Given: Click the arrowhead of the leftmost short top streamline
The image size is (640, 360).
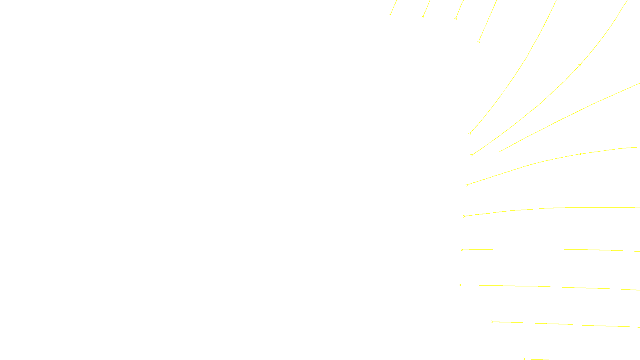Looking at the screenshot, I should [390, 15].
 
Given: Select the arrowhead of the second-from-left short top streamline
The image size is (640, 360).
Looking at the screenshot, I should [423, 16].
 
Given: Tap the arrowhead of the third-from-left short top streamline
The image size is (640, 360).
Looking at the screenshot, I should [456, 18].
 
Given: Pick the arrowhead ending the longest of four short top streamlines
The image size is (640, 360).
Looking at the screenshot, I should [478, 41].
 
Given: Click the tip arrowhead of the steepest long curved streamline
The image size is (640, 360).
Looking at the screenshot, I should [470, 133].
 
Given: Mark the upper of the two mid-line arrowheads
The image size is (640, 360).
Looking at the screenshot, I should [580, 65].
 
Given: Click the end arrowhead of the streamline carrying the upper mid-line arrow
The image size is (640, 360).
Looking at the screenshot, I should [472, 155].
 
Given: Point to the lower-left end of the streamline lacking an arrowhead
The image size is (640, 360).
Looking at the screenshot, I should [500, 152].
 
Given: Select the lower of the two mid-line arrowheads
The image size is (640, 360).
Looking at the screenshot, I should [580, 154].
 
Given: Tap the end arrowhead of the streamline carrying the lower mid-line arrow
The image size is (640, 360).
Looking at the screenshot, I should [467, 185].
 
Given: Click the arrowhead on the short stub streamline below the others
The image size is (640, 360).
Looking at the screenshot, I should [524, 359].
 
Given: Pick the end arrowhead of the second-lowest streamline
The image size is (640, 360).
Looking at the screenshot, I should [493, 322].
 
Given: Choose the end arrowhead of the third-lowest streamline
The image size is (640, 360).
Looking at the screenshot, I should [461, 285].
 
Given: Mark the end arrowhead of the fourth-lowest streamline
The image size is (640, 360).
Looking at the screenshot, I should [462, 250].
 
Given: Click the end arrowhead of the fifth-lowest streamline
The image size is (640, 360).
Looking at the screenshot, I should [464, 216].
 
